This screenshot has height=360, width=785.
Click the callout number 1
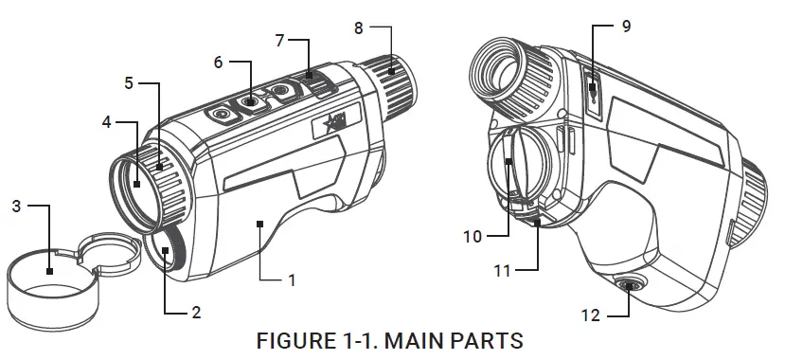pos(293,280)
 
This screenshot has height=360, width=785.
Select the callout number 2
pos(196,313)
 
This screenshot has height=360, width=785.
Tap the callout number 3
pos(16,206)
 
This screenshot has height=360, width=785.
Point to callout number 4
pos(106,122)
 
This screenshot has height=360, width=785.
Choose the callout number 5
pos(129,83)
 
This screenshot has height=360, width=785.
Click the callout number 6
pos(219,63)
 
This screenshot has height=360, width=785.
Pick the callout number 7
pos(280,41)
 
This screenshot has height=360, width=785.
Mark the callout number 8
pos(359,28)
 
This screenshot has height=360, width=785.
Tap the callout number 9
pos(626,26)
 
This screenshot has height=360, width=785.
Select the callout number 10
pos(473,236)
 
